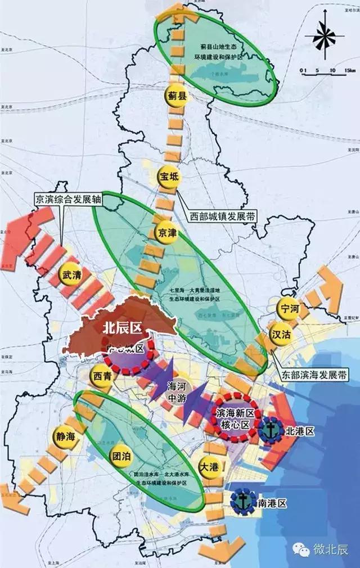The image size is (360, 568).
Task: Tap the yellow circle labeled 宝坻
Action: (x=169, y=177)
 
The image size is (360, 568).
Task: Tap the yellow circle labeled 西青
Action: (x=102, y=374)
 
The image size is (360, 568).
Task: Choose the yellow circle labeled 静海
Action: (x=65, y=436)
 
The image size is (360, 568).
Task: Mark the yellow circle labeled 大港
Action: (x=208, y=466)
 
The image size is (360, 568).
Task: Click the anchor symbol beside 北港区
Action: (x=272, y=431)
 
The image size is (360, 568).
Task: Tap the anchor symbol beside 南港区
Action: (x=244, y=502)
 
